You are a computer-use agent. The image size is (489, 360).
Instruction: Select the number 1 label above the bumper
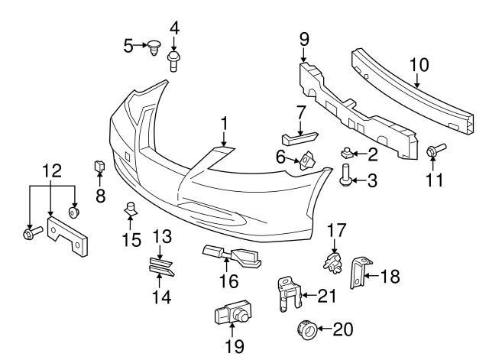[225, 122]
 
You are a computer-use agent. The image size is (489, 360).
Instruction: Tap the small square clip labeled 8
[99, 165]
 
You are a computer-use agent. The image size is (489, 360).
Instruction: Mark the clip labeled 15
[131, 206]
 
